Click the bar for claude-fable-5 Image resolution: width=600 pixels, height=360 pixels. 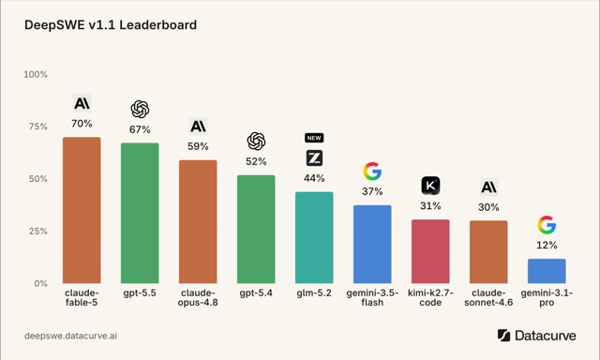click(82, 210)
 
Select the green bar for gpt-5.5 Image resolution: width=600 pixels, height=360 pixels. click(140, 213)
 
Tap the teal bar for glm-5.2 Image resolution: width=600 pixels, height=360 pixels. click(314, 237)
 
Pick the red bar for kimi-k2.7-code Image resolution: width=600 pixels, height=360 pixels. click(430, 251)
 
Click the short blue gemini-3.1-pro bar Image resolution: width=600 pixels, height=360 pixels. click(547, 271)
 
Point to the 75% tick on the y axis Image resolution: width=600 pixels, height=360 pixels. click(38, 127)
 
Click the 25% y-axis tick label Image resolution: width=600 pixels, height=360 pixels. click(38, 232)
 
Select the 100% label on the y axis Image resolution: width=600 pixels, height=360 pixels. click(36, 75)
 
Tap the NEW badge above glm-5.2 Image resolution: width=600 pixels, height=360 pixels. click(314, 138)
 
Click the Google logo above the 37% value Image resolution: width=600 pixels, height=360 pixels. click(372, 171)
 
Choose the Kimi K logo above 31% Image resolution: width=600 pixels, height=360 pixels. click(430, 186)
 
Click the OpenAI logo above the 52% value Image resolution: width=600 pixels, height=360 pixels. click(256, 142)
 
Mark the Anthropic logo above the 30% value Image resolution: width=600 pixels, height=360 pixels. click(488, 187)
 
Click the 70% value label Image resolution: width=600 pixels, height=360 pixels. click(82, 124)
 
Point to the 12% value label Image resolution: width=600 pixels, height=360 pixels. click(547, 246)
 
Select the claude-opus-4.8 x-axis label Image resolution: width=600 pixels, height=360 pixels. click(198, 297)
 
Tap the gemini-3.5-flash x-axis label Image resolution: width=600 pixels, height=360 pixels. click(372, 297)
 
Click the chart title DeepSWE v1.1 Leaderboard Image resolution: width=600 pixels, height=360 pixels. click(111, 25)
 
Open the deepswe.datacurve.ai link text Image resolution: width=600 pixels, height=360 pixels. click(70, 336)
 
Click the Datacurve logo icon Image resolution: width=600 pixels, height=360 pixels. click(503, 335)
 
